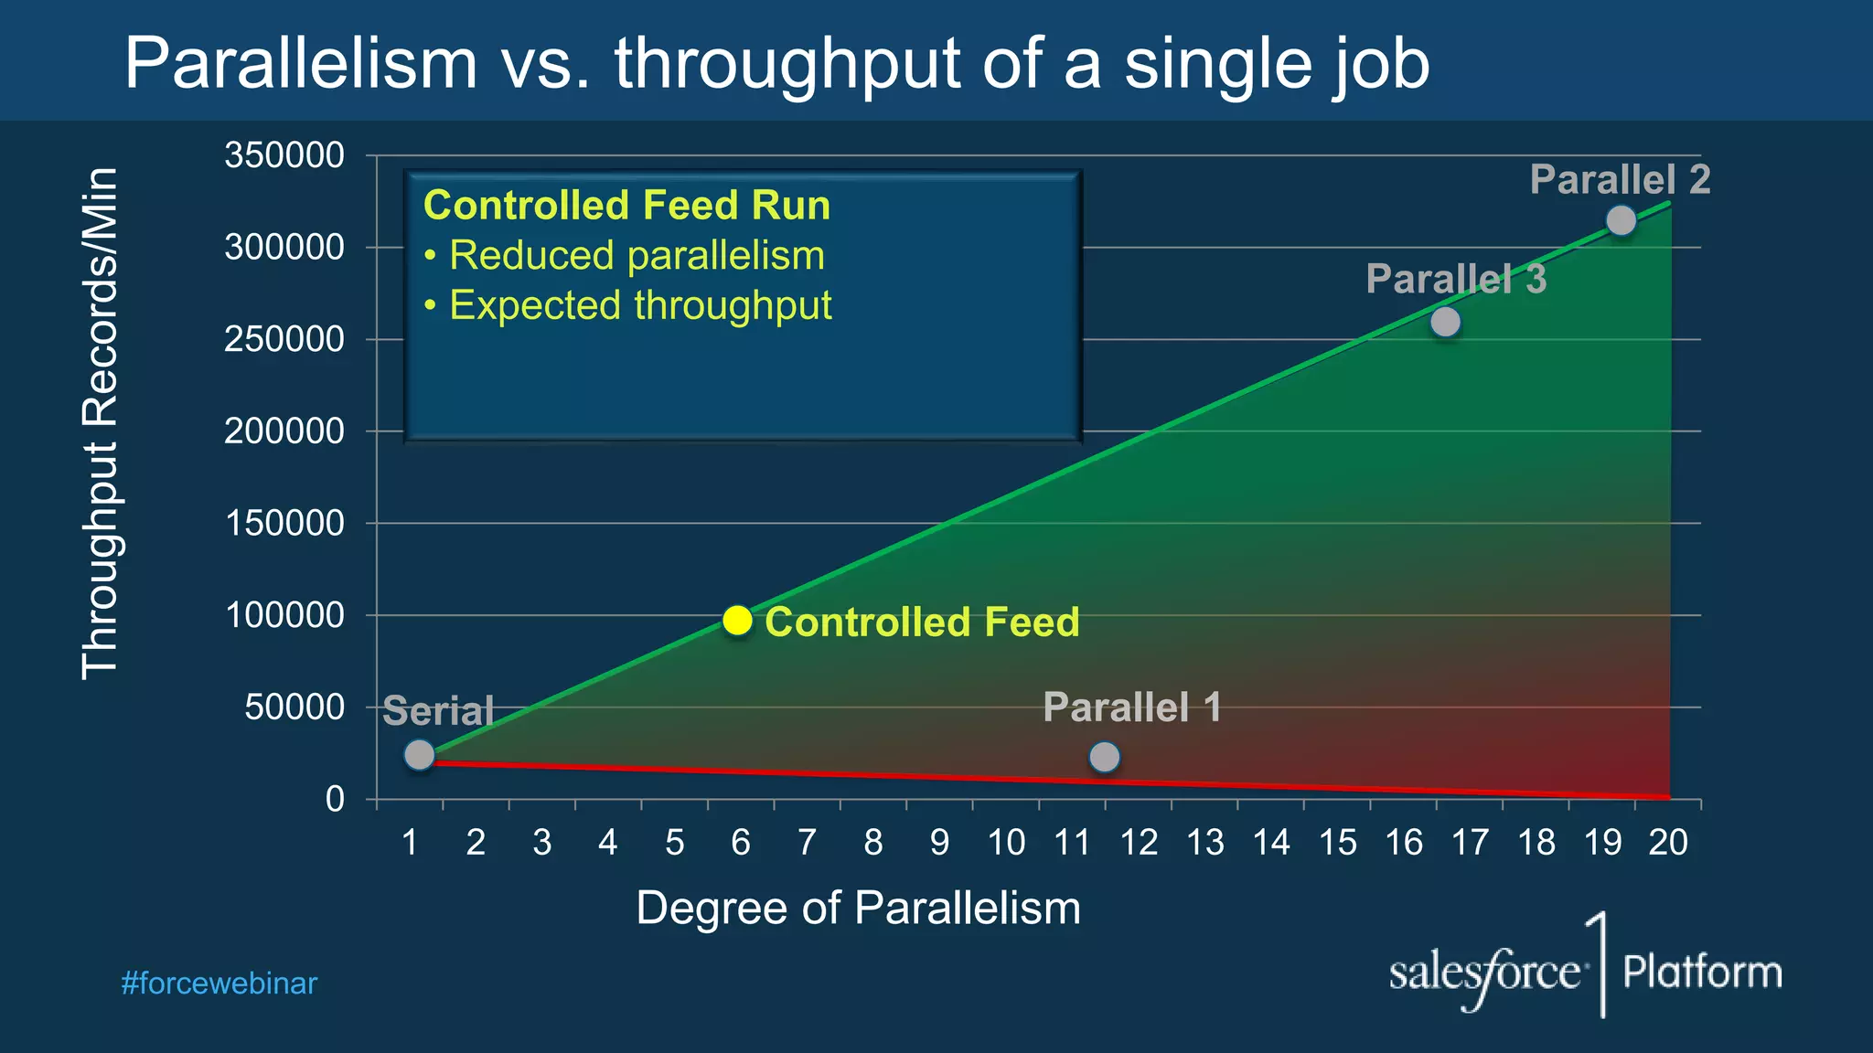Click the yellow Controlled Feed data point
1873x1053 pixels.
tap(737, 621)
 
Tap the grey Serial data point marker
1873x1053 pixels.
tap(419, 755)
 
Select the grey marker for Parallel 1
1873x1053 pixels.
tap(1105, 757)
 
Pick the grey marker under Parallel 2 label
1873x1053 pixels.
tap(1621, 220)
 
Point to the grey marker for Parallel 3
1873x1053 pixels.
tap(1445, 322)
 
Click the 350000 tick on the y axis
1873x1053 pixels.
tap(284, 155)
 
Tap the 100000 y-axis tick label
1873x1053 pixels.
tap(284, 615)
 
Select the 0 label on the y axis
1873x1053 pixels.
tap(335, 800)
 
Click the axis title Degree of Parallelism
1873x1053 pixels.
tap(858, 909)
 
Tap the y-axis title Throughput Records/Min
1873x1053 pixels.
tap(100, 422)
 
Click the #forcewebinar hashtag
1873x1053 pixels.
tap(219, 984)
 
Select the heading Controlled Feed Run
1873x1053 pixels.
tap(626, 205)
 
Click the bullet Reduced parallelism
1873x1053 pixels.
tap(637, 255)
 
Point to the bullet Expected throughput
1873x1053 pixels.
tap(640, 305)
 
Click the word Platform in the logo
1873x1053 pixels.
tap(1702, 972)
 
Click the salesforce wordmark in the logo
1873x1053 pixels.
tap(1484, 973)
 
